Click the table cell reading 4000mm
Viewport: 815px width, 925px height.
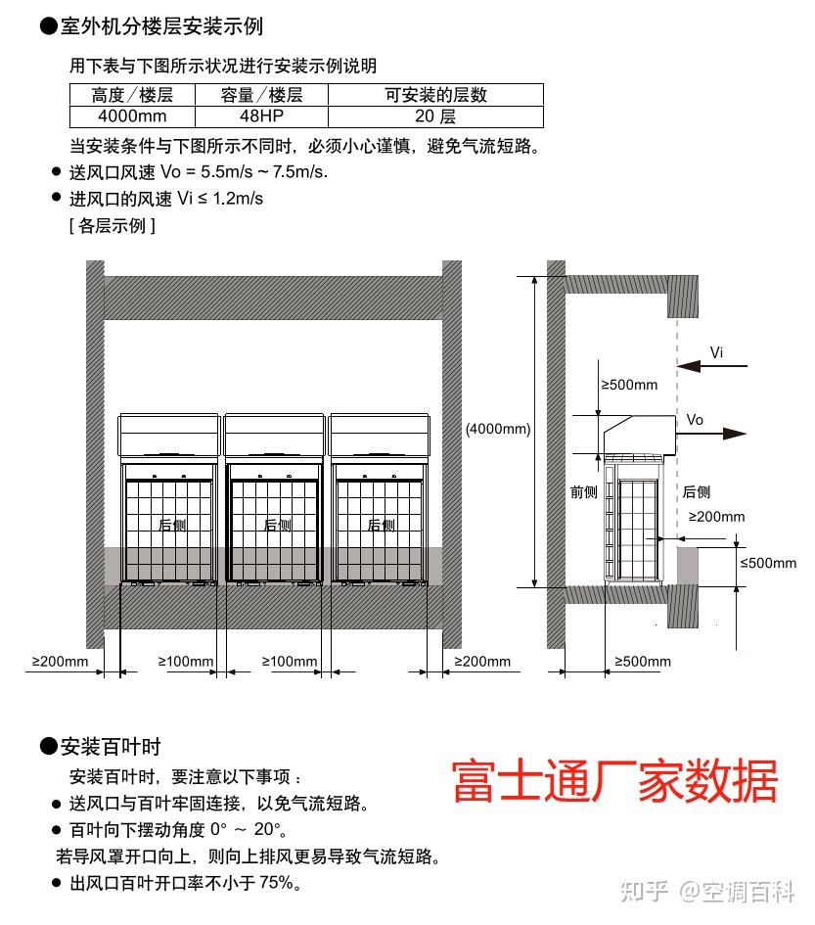point(132,116)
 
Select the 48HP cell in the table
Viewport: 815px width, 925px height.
point(261,116)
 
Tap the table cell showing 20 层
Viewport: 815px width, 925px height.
point(435,116)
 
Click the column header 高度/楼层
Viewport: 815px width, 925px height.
point(132,95)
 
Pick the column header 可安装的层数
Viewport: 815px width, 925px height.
point(435,95)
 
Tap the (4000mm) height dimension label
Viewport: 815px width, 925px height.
point(498,429)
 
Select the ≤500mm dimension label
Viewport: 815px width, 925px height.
point(768,563)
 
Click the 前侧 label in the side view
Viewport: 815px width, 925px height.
point(584,492)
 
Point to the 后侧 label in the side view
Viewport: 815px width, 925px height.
point(697,492)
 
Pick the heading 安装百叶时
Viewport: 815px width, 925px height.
point(110,747)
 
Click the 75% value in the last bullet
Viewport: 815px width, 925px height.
point(276,883)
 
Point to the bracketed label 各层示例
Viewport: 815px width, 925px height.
point(112,225)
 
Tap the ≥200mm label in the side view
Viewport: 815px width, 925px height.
point(716,517)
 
